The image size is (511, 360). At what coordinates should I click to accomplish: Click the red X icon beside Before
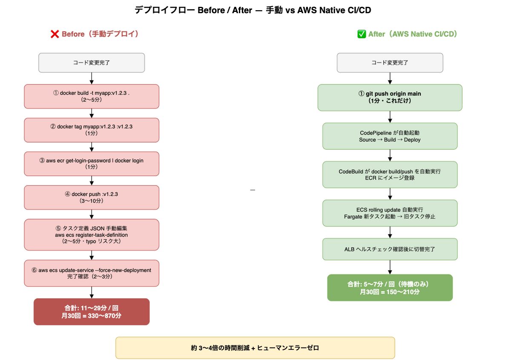tap(55, 34)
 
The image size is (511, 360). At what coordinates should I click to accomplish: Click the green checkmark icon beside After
tap(362, 34)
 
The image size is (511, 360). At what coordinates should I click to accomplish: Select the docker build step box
tap(92, 96)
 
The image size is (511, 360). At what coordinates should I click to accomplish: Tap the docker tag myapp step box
tap(92, 130)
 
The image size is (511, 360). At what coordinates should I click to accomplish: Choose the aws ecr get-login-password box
tap(92, 163)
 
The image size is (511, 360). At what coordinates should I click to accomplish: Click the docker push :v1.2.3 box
tap(92, 197)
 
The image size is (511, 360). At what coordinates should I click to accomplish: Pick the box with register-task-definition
tap(92, 234)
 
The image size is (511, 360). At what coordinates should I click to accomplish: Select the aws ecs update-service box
tap(92, 273)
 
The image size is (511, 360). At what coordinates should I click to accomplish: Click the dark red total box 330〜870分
tap(92, 311)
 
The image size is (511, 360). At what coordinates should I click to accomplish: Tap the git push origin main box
tap(390, 97)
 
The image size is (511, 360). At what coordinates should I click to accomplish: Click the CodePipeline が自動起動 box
tap(390, 136)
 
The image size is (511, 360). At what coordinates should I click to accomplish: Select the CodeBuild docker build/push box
tap(390, 174)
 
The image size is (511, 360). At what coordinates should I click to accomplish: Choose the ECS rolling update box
tap(390, 213)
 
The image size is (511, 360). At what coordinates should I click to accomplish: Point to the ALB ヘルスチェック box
tap(390, 249)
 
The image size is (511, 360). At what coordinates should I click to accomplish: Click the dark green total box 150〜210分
tap(390, 288)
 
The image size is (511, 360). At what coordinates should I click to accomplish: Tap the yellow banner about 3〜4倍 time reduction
tap(255, 348)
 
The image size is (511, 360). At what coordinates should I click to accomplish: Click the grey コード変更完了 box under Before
tap(92, 63)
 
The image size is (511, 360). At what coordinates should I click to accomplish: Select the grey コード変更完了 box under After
tap(390, 63)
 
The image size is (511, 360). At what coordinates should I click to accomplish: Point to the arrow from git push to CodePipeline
tap(390, 117)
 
